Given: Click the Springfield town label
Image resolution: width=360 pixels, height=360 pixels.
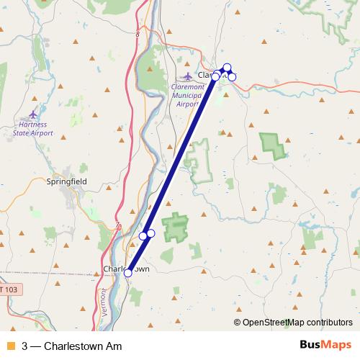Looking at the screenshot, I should (x=66, y=182).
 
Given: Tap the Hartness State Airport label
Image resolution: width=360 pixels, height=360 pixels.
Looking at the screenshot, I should (x=33, y=129).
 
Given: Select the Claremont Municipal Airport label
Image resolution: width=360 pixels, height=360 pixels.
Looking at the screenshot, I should (x=185, y=95).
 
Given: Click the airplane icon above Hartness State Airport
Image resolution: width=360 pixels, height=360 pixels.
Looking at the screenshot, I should (x=33, y=114).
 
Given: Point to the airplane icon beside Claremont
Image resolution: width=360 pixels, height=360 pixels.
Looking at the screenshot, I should (x=188, y=76).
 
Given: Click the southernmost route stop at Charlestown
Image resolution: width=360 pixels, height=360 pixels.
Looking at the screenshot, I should (x=128, y=273).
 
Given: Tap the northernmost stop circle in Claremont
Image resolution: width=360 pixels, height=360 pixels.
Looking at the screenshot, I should (x=227, y=68).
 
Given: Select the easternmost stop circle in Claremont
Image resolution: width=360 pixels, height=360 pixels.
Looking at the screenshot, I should (x=232, y=76).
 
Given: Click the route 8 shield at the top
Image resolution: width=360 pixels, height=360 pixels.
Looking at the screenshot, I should (x=137, y=34).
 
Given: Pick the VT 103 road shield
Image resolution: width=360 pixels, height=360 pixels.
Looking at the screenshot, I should (x=10, y=289).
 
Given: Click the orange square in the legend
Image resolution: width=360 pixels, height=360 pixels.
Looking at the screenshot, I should (x=10, y=346).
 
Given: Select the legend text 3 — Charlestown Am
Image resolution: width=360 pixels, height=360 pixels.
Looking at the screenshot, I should (x=71, y=346).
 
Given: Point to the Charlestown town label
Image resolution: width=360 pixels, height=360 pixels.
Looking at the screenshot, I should (x=127, y=269).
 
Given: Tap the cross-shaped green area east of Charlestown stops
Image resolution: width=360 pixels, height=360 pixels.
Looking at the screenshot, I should (x=175, y=228).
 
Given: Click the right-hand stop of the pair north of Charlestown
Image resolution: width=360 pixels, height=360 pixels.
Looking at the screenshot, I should (x=150, y=233).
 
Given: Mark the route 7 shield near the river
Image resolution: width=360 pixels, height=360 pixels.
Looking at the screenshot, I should (x=117, y=226).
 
